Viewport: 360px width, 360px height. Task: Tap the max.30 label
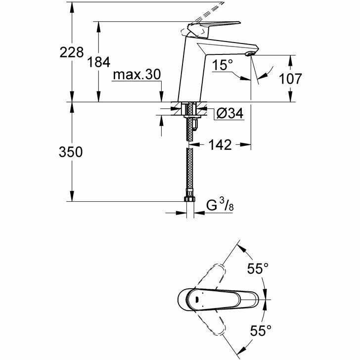[x=137, y=75]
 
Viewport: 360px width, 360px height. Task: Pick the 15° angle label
[x=224, y=64]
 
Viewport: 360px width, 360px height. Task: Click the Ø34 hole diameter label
[x=229, y=114]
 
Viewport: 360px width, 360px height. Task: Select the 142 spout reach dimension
[x=220, y=144]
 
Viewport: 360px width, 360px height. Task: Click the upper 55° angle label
[x=258, y=269]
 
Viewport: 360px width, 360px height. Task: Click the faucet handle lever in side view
[x=213, y=25]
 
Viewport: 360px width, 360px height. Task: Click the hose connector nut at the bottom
[x=188, y=200]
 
